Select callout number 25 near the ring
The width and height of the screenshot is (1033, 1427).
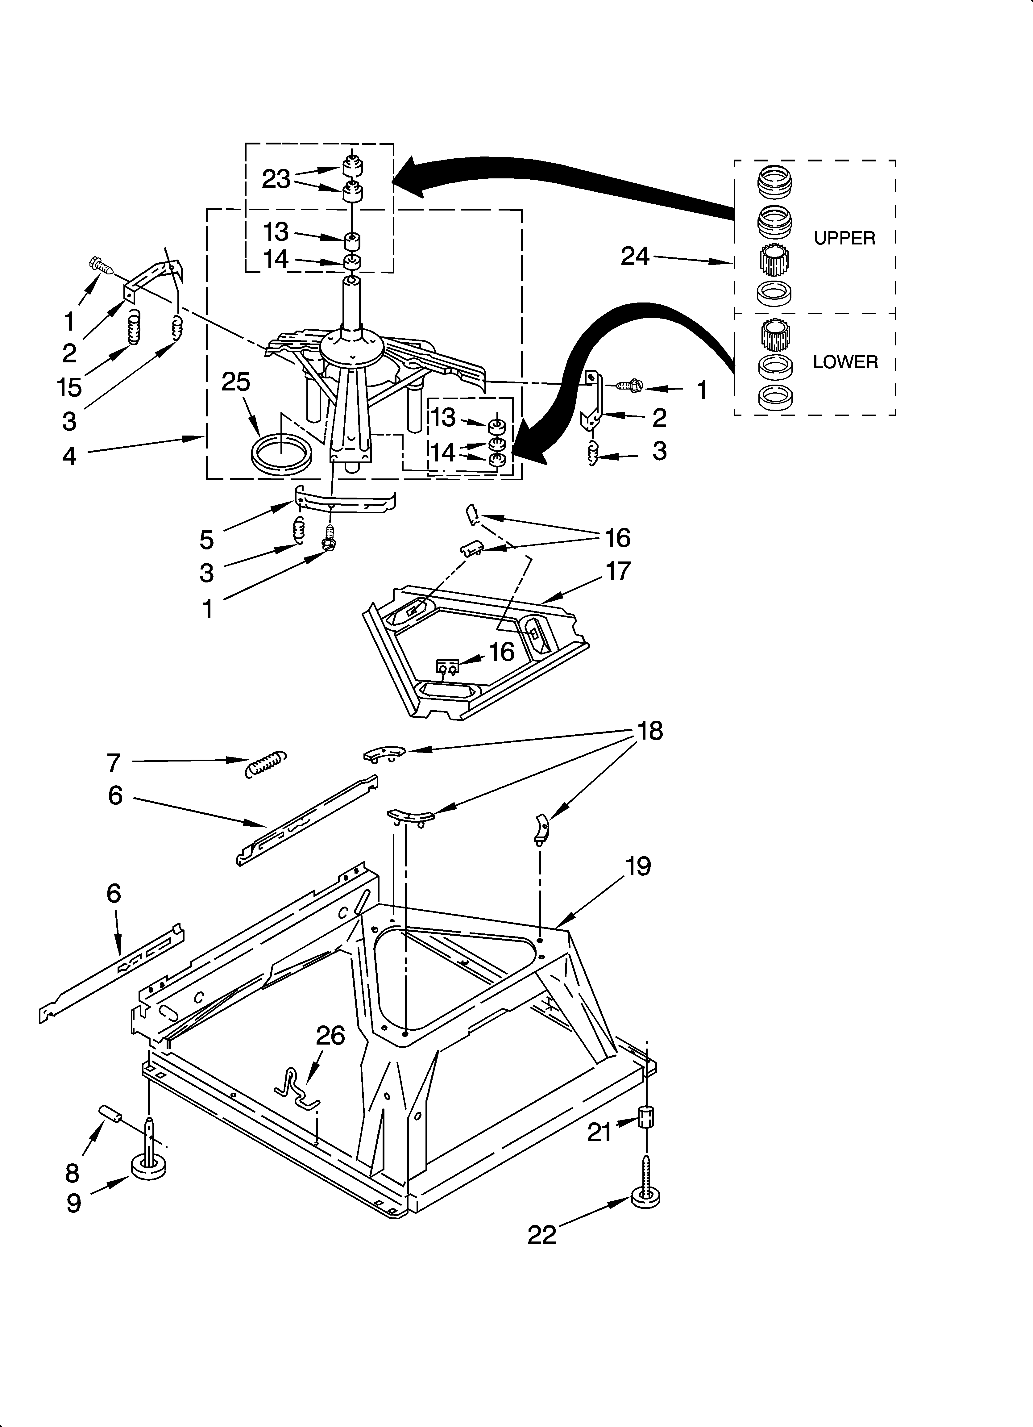pyautogui.click(x=236, y=382)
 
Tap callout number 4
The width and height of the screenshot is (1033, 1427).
pyautogui.click(x=69, y=456)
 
